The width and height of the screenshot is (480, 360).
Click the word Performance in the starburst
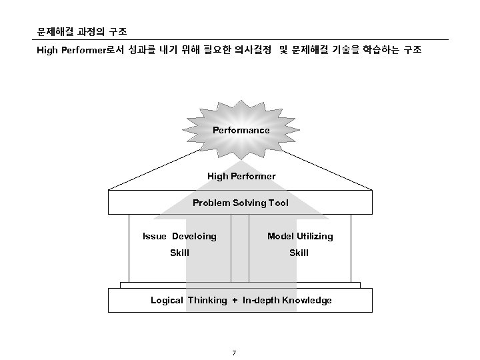(241, 130)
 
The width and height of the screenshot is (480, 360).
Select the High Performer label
(241, 176)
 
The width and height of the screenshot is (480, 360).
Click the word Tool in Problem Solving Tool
(279, 203)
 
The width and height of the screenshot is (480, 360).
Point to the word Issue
(155, 236)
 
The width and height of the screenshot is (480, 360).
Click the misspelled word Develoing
(194, 236)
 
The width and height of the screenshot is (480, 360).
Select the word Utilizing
(314, 236)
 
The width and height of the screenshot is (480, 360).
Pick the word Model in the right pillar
(280, 236)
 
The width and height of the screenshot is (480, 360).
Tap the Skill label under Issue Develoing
(179, 253)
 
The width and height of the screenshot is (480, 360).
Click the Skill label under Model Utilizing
(299, 253)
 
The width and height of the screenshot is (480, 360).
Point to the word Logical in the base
(167, 300)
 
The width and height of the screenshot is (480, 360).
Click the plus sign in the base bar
(235, 300)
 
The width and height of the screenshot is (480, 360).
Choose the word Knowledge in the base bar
(307, 300)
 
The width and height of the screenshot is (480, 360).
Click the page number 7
(234, 352)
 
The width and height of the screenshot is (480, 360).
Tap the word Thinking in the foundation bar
(207, 300)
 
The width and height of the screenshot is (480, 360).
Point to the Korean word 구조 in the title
(119, 32)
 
